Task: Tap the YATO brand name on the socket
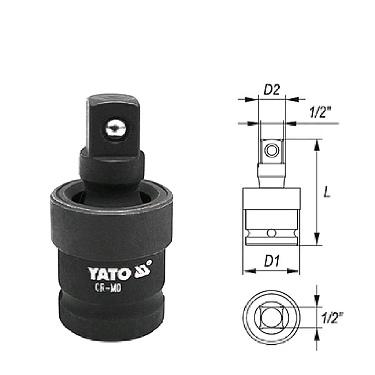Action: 109,273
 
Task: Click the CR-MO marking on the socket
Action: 108,288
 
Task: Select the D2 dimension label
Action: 272,90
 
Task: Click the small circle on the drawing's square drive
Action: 271,151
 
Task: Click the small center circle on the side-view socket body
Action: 271,233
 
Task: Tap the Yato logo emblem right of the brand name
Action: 143,270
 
